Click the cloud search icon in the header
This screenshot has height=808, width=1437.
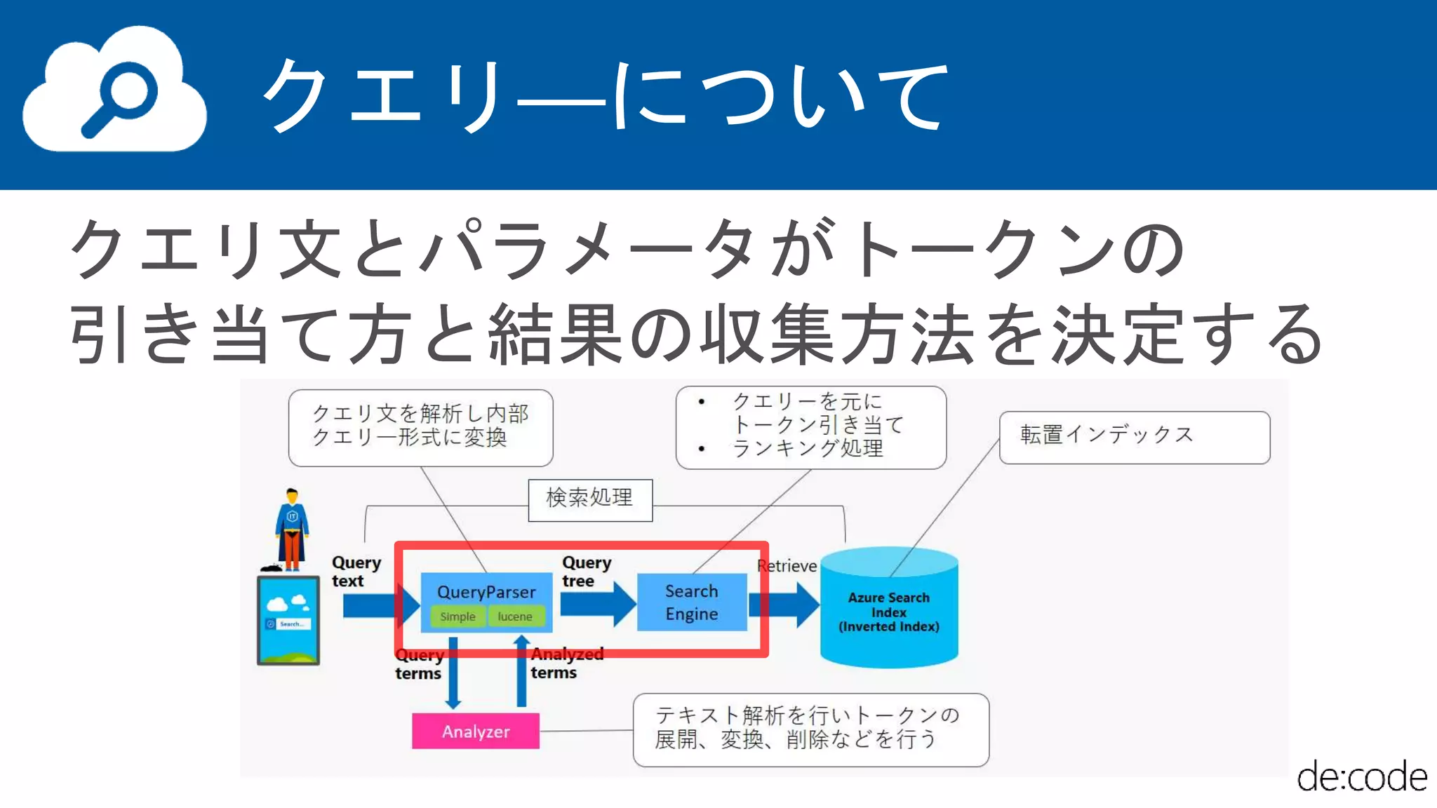pyautogui.click(x=114, y=90)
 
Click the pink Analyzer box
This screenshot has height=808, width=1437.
pyautogui.click(x=476, y=732)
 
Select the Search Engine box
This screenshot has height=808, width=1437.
pyautogui.click(x=691, y=602)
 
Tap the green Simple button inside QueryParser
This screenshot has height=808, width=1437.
pyautogui.click(x=457, y=617)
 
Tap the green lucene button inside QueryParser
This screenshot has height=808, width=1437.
pyautogui.click(x=515, y=617)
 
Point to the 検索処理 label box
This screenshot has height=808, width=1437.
pyautogui.click(x=590, y=499)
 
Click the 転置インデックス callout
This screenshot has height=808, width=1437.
pyautogui.click(x=1134, y=436)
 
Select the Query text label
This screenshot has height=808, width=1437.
pyautogui.click(x=356, y=572)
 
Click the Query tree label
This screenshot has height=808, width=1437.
pyautogui.click(x=586, y=572)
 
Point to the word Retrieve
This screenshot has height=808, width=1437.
pyautogui.click(x=787, y=566)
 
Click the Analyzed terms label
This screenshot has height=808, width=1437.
pyautogui.click(x=566, y=664)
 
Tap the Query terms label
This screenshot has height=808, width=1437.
pyautogui.click(x=418, y=664)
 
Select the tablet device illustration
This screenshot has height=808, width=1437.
pyautogui.click(x=288, y=620)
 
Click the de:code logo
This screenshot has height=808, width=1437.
pyautogui.click(x=1361, y=777)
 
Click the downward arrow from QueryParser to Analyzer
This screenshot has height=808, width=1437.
pyautogui.click(x=453, y=673)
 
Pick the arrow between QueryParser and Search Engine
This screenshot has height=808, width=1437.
pyautogui.click(x=596, y=604)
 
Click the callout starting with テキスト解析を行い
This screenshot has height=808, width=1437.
pyautogui.click(x=810, y=729)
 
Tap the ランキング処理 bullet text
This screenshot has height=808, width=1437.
pyautogui.click(x=807, y=449)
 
